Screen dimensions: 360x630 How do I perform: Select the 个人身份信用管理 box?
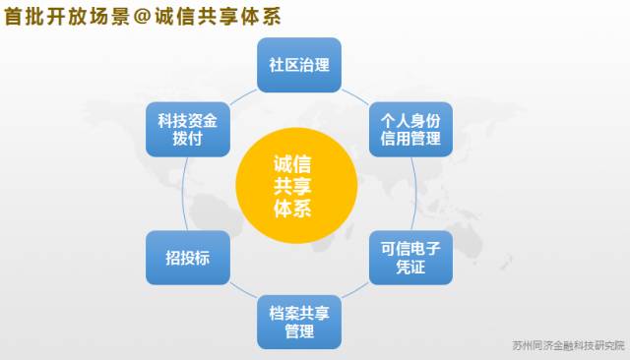pos(409,128)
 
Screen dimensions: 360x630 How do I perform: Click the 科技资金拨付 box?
pos(187,128)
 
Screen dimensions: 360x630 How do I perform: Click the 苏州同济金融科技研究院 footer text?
pos(569,346)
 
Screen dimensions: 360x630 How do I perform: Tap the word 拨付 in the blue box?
pos(187,139)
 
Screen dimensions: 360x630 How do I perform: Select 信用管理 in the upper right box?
pos(409,139)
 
